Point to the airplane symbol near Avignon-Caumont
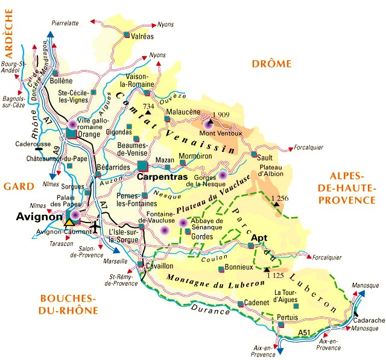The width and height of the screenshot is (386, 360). (96, 227)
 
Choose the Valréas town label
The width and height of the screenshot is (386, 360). (142, 36)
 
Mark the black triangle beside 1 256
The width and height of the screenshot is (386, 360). (276, 204)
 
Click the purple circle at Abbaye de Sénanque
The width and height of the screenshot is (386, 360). (183, 223)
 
